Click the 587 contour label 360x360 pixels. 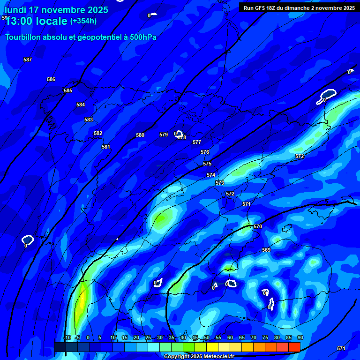28,60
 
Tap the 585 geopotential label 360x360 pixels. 68,90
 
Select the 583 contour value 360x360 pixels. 89,120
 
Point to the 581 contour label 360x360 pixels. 106,147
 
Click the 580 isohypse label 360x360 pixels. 140,135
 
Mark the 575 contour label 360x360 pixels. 207,164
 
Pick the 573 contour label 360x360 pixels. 220,183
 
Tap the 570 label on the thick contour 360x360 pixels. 258,226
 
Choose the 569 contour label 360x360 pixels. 266,250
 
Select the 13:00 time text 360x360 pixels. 21,21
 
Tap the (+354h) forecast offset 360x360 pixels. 83,21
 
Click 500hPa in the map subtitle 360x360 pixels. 140,37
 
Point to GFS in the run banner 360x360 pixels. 261,8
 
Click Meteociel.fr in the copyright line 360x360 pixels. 219,357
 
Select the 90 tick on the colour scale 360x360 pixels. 300,337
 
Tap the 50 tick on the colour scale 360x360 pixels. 207,337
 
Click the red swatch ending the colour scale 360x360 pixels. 294,346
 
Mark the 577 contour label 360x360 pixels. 197,142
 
